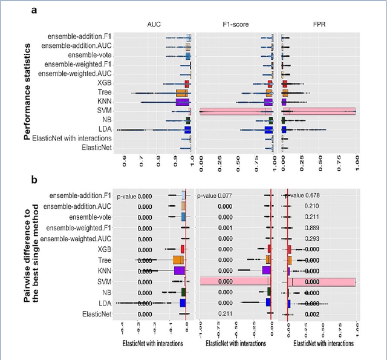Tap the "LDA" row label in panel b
102,303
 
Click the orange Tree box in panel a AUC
182,93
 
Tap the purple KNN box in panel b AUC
179,270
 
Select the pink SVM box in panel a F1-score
236,111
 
